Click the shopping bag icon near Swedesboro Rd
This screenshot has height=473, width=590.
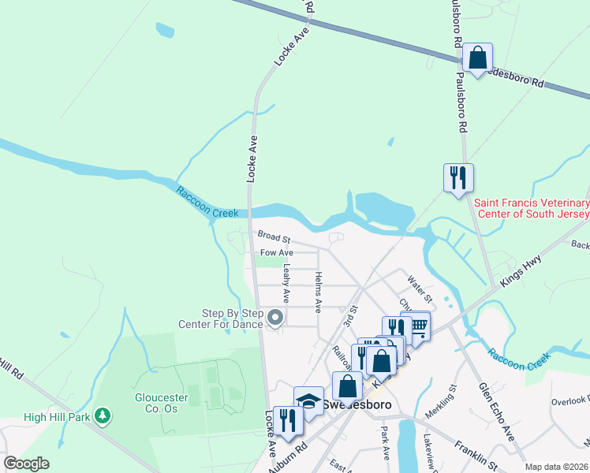477,58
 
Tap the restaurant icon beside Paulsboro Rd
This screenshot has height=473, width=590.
458,177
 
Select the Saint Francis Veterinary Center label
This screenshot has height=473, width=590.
532,209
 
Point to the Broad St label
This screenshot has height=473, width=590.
274,236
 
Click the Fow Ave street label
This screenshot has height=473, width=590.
278,252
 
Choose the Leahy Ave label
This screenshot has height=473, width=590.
286,284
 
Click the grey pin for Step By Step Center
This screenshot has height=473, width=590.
275,318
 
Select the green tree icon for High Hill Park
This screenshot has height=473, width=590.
102,415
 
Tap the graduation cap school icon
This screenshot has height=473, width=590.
309,400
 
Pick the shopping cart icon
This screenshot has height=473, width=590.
416,326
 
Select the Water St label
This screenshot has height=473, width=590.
420,287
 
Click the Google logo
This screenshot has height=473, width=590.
26,464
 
